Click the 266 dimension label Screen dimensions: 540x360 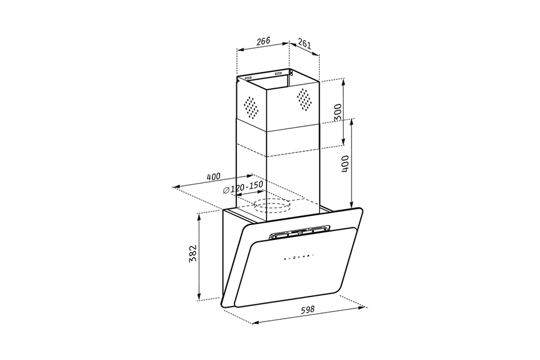[x=263, y=41]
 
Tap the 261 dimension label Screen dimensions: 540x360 [x=304, y=43]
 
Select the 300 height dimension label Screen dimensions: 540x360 [x=338, y=112]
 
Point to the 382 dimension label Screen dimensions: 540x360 [x=192, y=254]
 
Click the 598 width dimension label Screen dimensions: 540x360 [x=308, y=309]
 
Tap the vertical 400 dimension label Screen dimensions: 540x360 [x=346, y=164]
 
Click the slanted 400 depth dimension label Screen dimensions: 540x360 [x=214, y=177]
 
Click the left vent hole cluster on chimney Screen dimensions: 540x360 [x=251, y=106]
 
